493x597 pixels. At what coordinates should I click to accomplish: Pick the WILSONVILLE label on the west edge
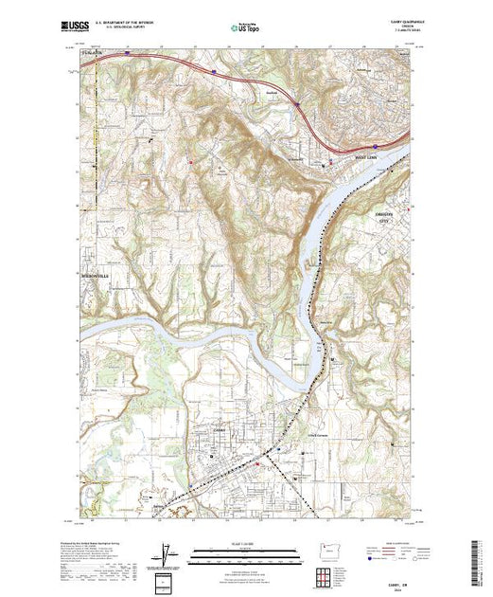tap(87, 275)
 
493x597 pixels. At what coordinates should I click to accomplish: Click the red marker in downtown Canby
tap(268, 464)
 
